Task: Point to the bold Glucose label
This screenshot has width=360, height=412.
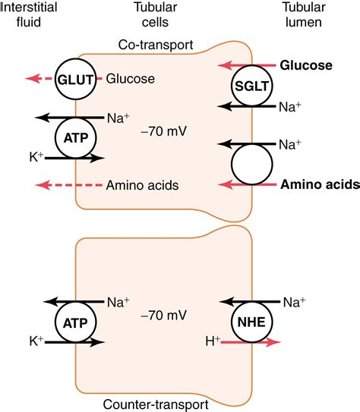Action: pos(306,65)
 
